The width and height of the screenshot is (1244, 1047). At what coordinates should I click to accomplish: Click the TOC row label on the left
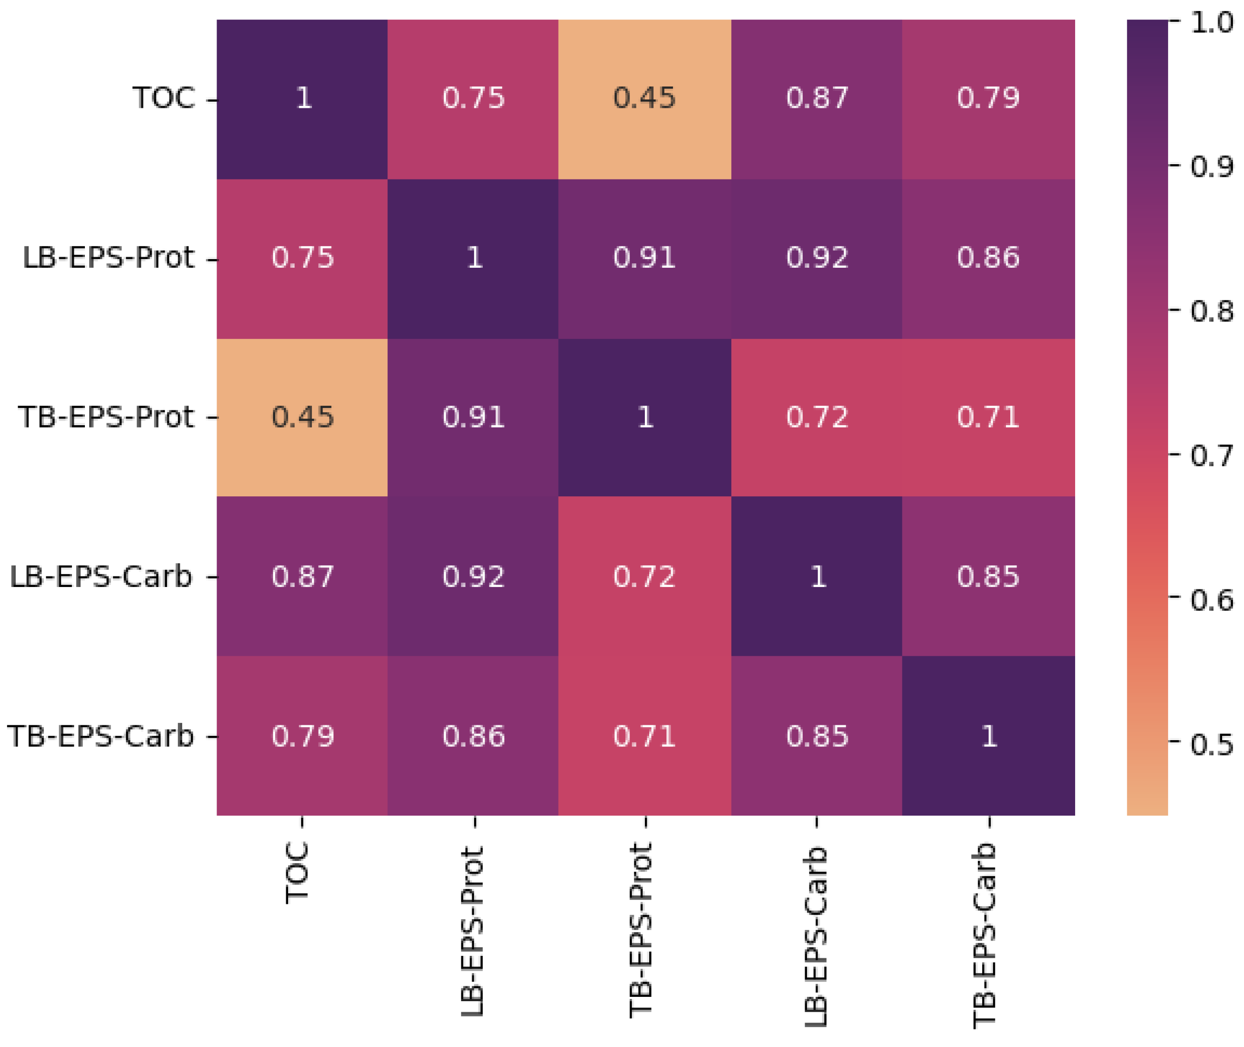tap(164, 98)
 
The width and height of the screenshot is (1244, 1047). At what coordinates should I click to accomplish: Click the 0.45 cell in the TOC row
tap(644, 98)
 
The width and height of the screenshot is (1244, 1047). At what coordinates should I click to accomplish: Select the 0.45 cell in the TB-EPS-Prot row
tap(302, 417)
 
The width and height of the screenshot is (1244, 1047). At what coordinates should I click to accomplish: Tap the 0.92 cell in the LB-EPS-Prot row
tap(817, 258)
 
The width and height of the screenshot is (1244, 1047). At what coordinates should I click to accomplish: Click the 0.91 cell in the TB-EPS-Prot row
tap(473, 417)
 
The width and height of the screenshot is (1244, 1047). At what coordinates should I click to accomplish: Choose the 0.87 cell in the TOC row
tap(817, 98)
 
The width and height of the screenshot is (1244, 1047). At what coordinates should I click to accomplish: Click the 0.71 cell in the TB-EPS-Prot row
tap(988, 417)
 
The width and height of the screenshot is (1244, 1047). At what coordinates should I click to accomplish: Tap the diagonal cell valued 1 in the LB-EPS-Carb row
tap(817, 577)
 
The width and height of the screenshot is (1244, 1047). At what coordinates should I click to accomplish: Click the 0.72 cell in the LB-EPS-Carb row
tap(644, 577)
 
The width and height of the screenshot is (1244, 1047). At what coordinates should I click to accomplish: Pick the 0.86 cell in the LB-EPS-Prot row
tap(988, 258)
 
